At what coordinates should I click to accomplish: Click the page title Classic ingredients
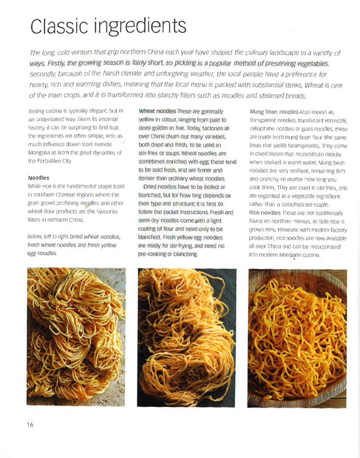108,27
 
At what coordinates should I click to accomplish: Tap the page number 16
31,425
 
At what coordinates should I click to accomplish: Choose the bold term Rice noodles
268,213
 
